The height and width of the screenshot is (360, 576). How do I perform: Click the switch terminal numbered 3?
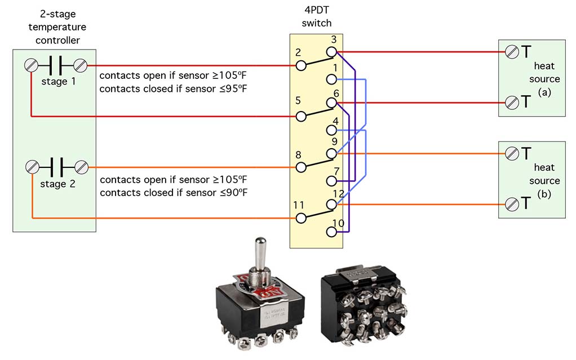(332, 52)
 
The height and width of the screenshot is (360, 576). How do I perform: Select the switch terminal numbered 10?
(332, 232)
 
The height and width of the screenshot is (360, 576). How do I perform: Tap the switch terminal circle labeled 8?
(302, 167)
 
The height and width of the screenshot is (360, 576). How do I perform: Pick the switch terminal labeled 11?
(302, 218)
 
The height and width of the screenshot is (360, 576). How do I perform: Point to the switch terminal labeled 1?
(332, 79)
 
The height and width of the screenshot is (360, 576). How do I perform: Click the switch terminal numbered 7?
(332, 181)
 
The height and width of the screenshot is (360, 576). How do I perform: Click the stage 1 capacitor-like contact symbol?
(56, 65)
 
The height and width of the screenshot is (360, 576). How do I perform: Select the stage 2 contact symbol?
(56, 167)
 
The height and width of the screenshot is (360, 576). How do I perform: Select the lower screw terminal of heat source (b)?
(512, 204)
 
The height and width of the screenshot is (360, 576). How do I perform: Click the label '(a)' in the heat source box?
(544, 92)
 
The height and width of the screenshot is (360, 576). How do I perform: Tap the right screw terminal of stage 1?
(81, 65)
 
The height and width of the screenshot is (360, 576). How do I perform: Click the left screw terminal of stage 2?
(33, 167)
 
